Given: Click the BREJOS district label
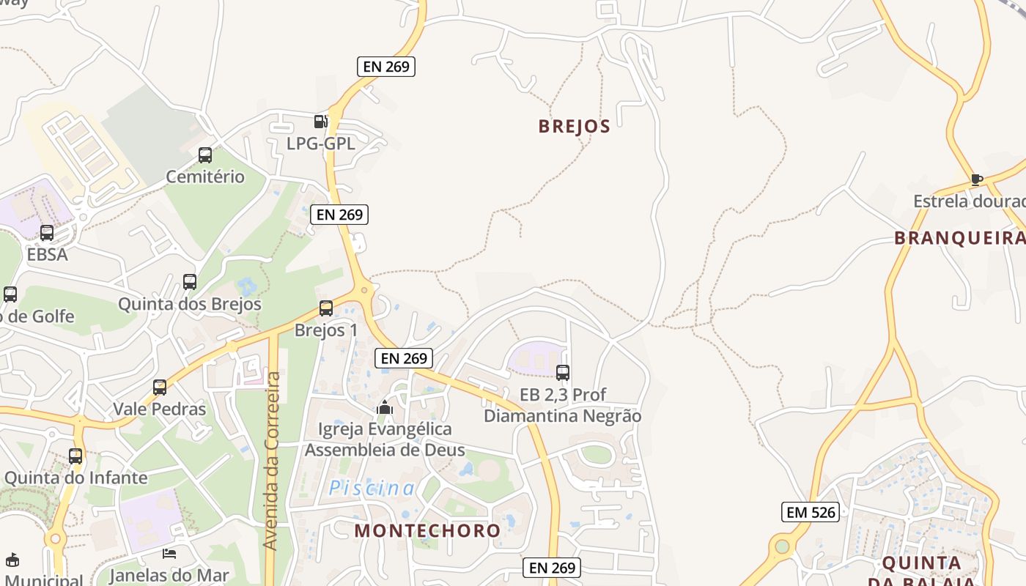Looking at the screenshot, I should click(x=574, y=126).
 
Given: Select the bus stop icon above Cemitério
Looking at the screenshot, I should click(x=205, y=155).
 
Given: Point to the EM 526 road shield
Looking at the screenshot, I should click(x=810, y=512).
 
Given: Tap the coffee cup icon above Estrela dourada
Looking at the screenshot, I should click(x=976, y=179).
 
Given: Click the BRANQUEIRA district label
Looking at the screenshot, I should click(x=959, y=237).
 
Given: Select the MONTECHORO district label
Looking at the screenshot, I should click(x=427, y=530).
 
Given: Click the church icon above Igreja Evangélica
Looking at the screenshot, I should click(x=385, y=407).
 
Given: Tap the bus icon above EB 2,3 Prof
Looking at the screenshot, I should click(x=563, y=373).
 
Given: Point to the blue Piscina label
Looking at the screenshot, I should click(x=372, y=488).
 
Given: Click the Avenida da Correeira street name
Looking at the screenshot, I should click(x=272, y=461).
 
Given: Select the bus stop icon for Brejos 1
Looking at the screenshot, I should click(x=326, y=308).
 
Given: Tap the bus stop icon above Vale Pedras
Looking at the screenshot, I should click(x=160, y=387).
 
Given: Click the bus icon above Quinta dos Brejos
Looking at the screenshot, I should click(x=190, y=282).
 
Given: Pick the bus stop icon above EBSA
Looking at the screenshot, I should click(x=47, y=233).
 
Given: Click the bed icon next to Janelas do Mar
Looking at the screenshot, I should click(x=169, y=554).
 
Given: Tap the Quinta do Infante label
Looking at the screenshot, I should click(x=75, y=478).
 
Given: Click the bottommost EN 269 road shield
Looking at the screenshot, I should click(x=552, y=568).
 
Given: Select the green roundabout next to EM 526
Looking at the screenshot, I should click(x=782, y=546).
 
